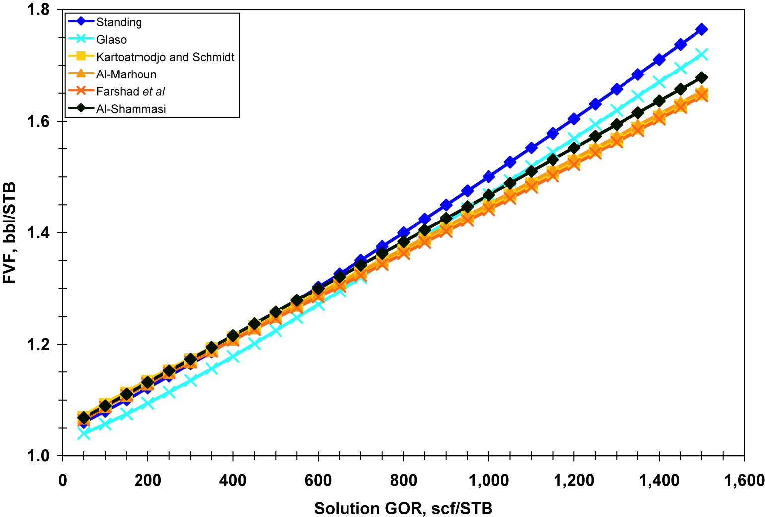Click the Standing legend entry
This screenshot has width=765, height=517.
(119, 22)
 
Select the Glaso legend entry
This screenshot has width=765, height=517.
(111, 40)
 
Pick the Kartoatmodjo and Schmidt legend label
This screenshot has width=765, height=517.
(165, 57)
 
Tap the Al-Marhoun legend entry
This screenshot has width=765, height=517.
(126, 74)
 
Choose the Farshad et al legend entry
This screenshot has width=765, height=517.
(131, 92)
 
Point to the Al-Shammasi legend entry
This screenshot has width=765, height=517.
(131, 109)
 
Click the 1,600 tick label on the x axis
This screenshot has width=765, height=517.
(744, 481)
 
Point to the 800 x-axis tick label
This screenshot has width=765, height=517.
(403, 481)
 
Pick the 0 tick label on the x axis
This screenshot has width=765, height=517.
(63, 481)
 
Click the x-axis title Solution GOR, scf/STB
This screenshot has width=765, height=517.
(403, 508)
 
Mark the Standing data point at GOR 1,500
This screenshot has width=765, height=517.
(701, 29)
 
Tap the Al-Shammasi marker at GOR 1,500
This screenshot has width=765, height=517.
(701, 78)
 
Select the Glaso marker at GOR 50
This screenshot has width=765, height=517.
(84, 433)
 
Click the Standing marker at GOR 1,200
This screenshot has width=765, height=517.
(574, 119)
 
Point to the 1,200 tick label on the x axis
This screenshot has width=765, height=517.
(573, 481)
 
